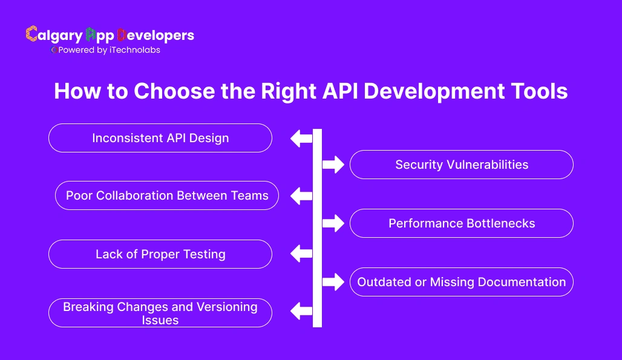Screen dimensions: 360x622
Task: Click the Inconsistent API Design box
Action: coord(160,138)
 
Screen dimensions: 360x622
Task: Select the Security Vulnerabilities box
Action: coord(461,165)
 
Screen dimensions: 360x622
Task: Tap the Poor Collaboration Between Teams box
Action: coord(167,195)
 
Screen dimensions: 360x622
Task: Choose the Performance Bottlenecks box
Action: coord(461,223)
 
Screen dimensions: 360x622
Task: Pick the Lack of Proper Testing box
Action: coord(160,254)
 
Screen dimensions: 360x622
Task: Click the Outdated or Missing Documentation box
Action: coord(461,282)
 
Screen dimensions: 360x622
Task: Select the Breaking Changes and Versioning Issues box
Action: coord(160,313)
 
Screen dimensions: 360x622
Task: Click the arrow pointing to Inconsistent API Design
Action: coord(301,138)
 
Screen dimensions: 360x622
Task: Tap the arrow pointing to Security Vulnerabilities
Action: coord(333,165)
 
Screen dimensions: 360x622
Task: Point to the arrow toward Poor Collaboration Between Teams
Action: coord(301,195)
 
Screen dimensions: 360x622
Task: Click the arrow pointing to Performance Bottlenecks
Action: coord(333,223)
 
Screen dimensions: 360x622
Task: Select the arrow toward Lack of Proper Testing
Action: coord(301,254)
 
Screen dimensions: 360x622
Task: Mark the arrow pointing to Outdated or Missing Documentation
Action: coord(333,282)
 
